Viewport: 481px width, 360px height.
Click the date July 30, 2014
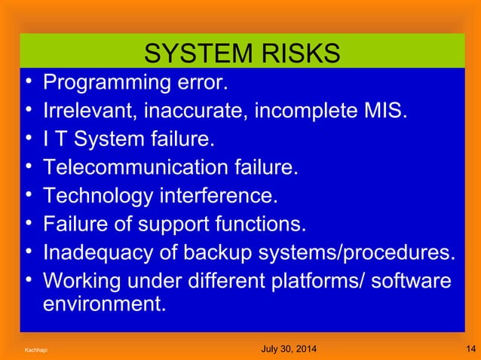coord(288,349)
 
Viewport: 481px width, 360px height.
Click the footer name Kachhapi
coord(35,350)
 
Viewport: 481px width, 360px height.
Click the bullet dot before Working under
coord(27,280)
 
